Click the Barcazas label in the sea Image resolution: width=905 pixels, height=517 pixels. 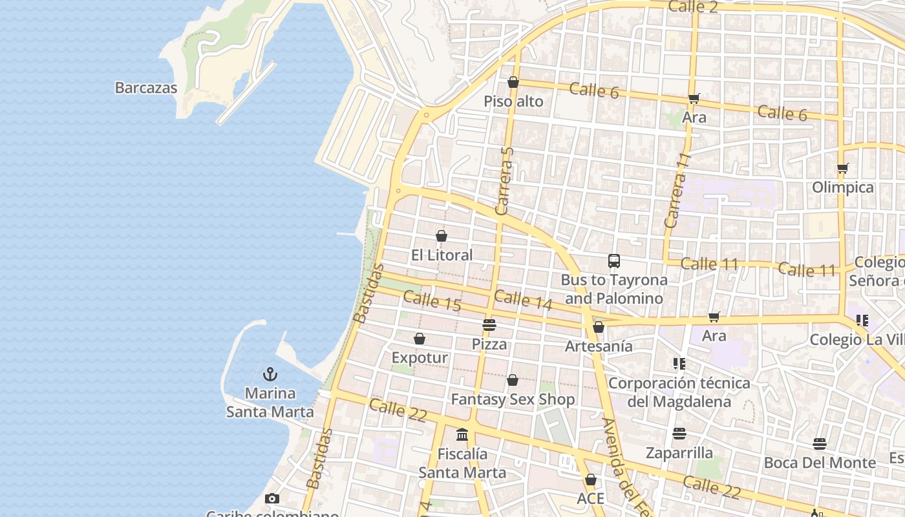145,88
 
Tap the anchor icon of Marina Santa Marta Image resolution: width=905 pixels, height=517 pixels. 270,374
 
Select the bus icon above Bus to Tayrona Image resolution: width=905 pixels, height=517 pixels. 614,261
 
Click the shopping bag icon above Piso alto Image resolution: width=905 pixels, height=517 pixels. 513,83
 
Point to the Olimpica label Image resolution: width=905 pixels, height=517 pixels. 842,187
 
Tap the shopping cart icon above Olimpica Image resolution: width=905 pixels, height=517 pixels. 842,169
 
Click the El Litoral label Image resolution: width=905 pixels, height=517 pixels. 442,255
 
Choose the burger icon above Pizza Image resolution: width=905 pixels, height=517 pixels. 489,325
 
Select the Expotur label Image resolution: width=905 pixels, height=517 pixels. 420,357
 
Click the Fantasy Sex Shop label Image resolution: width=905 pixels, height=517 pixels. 513,399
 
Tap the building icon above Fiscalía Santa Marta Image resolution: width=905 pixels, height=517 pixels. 462,435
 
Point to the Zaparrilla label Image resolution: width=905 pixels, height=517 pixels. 679,452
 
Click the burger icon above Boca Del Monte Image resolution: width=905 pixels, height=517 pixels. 820,444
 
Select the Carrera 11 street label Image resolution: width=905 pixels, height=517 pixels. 677,191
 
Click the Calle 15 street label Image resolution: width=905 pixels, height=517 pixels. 431,301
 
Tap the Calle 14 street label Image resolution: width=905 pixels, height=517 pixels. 523,299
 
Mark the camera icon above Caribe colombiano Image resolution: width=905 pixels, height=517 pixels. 272,498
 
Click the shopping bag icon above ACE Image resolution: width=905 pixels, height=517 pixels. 590,480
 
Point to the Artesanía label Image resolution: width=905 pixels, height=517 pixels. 599,346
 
